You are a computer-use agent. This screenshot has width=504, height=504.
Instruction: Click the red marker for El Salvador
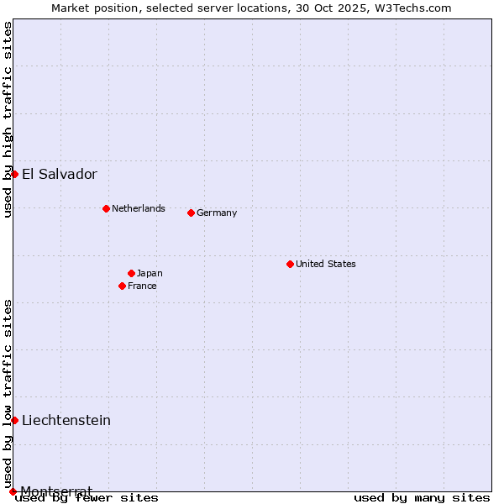tap(14, 174)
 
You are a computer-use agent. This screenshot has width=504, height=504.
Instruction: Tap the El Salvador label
tap(60, 175)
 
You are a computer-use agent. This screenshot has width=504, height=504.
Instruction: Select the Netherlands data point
tap(106, 208)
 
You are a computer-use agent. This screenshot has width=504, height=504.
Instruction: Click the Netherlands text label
tap(139, 208)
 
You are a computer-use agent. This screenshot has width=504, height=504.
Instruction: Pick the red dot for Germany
tap(191, 213)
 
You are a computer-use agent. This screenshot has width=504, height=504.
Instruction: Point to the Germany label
tap(217, 213)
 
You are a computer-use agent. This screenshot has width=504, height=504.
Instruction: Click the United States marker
tap(290, 264)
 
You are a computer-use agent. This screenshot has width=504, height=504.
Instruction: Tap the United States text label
tap(326, 264)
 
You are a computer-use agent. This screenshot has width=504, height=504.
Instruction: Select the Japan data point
tap(131, 273)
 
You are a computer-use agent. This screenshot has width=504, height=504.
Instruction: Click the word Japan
tap(150, 273)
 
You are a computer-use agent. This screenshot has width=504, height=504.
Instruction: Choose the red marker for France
tap(122, 286)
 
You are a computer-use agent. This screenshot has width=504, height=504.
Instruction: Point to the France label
tap(142, 286)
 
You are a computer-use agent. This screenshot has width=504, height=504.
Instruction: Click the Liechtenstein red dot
tap(14, 420)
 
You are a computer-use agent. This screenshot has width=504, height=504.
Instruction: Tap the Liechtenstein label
tap(66, 421)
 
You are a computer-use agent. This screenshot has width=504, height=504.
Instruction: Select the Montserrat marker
tap(13, 491)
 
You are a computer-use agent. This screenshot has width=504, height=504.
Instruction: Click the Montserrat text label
tap(56, 491)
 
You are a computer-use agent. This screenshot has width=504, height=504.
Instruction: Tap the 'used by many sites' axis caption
tap(422, 498)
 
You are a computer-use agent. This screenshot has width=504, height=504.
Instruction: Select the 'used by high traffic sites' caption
tap(8, 119)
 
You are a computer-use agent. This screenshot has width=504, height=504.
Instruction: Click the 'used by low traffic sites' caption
tap(8, 393)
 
